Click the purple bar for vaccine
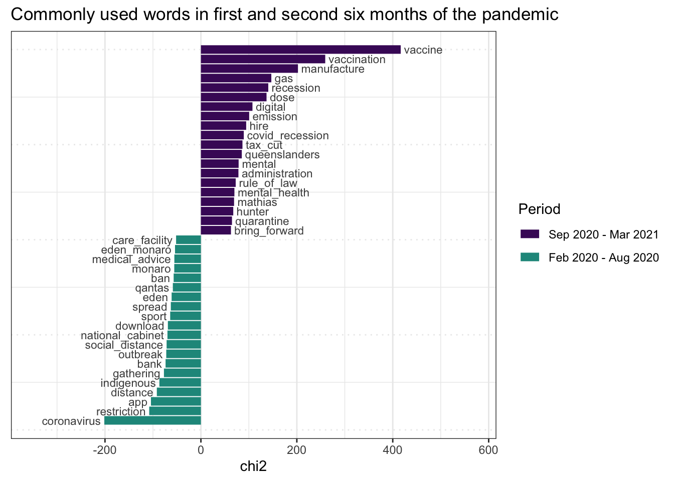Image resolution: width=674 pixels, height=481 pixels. (x=300, y=50)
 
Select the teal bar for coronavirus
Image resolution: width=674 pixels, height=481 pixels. (x=152, y=421)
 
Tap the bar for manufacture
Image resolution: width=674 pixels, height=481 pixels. (x=249, y=69)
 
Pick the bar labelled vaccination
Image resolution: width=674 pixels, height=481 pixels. (x=263, y=59)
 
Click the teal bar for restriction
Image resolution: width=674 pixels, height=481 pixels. (x=175, y=411)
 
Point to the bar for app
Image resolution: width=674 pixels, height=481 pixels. (x=176, y=402)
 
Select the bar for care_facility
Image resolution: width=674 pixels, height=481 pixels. (x=189, y=240)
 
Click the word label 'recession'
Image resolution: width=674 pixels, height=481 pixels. (x=295, y=88)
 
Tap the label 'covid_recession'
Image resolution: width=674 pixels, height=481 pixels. (x=287, y=136)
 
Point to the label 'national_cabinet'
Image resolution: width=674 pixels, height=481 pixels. (x=122, y=336)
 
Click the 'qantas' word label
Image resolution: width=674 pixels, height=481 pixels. (x=152, y=288)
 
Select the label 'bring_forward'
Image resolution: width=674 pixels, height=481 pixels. (x=269, y=231)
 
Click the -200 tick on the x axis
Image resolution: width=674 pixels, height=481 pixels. (x=105, y=450)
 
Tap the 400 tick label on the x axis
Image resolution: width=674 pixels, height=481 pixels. (x=393, y=450)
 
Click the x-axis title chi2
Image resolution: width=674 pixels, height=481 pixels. (x=253, y=467)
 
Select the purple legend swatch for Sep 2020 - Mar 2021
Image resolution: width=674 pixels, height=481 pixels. (x=530, y=234)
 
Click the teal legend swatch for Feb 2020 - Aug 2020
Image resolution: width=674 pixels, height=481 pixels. (x=530, y=257)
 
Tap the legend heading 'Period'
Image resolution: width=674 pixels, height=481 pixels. (x=539, y=209)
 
